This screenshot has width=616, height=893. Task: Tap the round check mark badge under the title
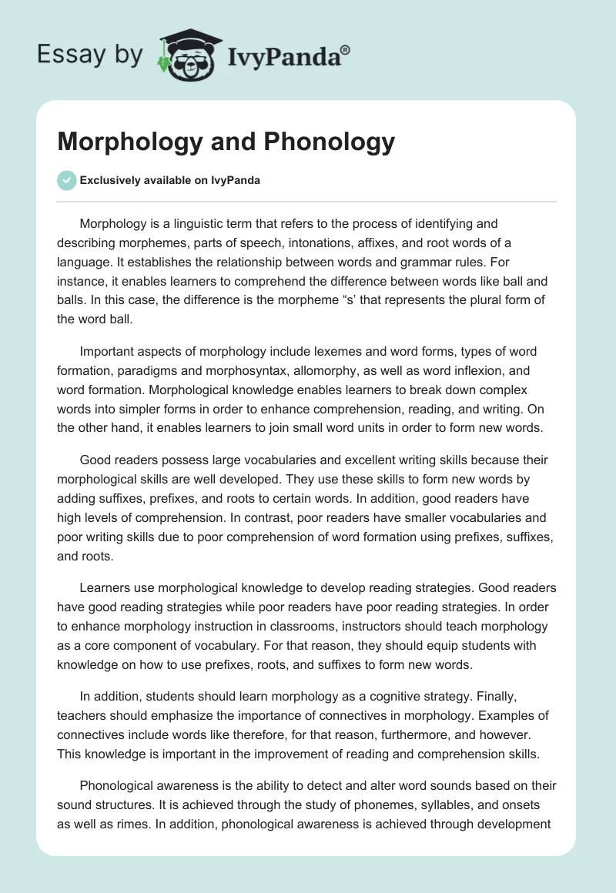(67, 181)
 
